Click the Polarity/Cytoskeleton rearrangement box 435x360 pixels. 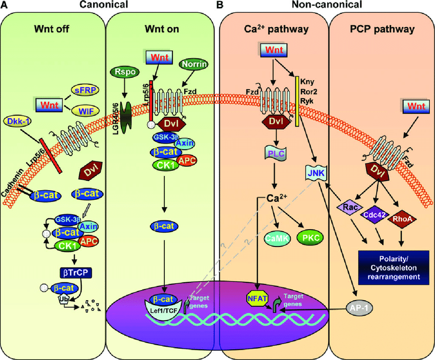(393, 266)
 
